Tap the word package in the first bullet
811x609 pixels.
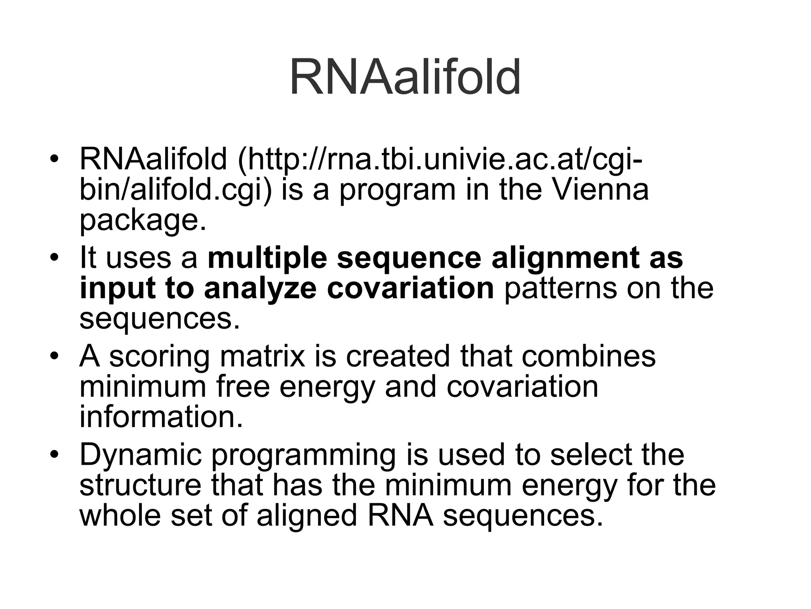[143, 220]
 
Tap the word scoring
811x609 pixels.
[159, 356]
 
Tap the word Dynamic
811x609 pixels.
[141, 455]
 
